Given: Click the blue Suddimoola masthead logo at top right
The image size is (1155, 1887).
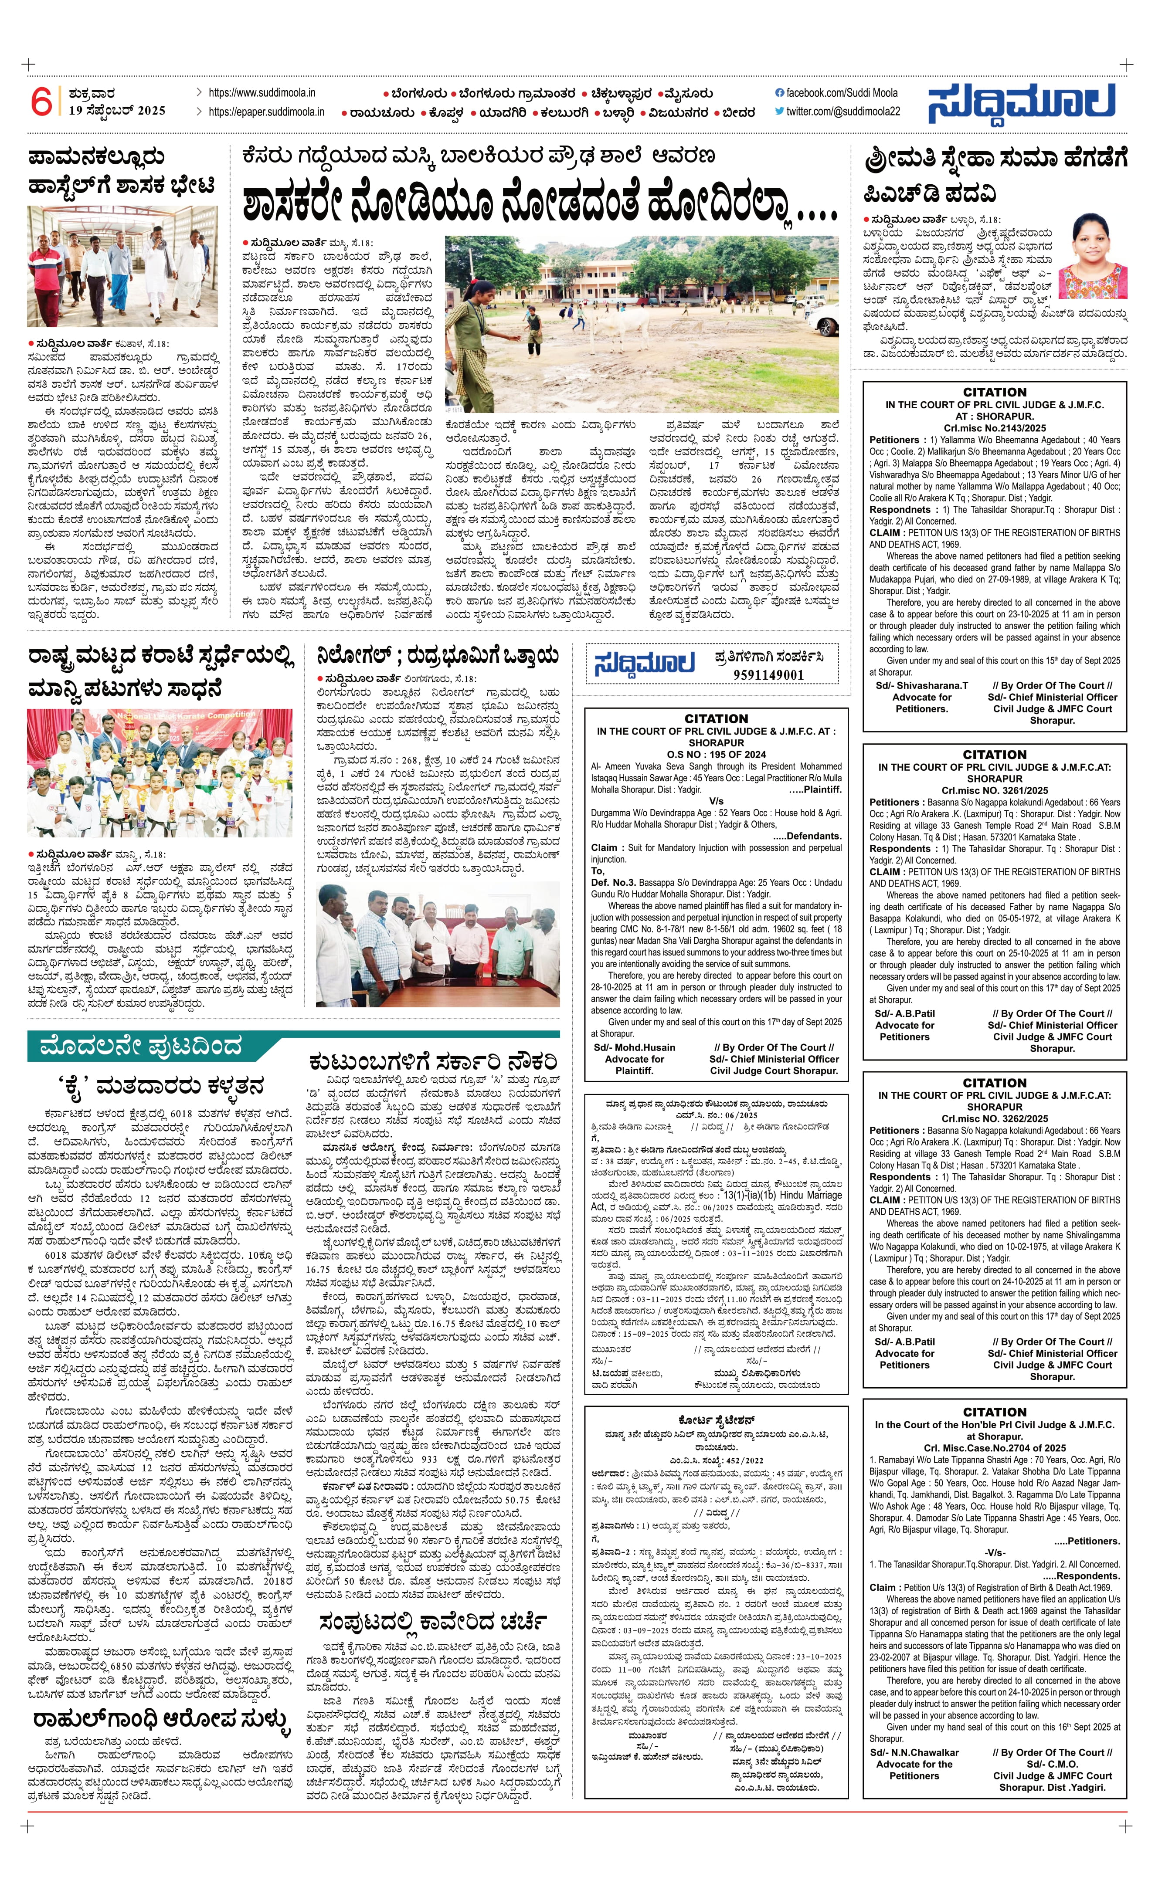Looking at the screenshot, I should coord(1022,103).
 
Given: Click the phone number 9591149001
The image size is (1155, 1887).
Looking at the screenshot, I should coord(768,675).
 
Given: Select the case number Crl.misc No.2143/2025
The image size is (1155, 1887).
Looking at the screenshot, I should coord(994,428).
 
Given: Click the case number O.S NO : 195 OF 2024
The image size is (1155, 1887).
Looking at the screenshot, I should coord(716,754).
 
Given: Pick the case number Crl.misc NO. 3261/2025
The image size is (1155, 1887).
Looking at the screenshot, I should coord(994,790).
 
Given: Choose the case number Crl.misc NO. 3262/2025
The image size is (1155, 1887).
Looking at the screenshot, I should coord(994,1118).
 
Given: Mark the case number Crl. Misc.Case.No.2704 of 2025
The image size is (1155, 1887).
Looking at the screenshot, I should coord(994,1447).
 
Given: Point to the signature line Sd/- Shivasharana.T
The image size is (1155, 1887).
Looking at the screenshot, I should coord(921,685).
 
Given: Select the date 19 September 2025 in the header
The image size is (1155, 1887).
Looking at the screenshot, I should coord(116,110).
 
